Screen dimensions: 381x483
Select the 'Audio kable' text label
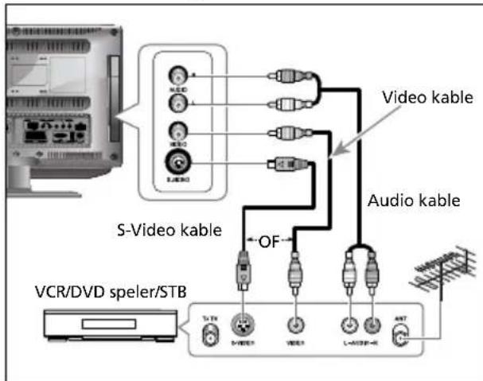pos(413,200)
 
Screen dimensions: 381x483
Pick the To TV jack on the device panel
pos(210,335)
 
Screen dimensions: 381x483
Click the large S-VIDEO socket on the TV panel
pos(175,165)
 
